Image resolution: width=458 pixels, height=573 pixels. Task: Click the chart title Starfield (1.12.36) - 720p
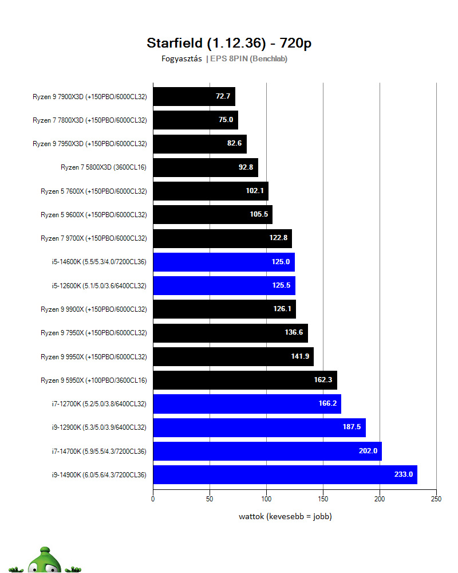point(229,43)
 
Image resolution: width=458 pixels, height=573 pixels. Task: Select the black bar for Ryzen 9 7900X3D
point(194,96)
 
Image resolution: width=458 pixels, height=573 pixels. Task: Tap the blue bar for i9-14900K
point(285,474)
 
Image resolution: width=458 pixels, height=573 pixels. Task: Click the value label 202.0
point(368,451)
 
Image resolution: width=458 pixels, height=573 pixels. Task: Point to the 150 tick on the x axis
point(323,499)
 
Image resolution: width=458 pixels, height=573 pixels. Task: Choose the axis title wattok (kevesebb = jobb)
point(285,516)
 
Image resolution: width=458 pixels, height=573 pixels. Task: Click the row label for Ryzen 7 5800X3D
point(104,167)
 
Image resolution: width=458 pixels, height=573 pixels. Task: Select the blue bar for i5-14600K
point(223,262)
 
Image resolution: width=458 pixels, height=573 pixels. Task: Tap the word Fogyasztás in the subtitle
point(181,58)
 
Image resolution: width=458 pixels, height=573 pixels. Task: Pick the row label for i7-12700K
point(98,404)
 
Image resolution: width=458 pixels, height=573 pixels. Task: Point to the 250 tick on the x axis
point(436,499)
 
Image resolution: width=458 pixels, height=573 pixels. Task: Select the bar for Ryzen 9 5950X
point(244,380)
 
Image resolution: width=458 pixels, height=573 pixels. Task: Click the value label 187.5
point(352,427)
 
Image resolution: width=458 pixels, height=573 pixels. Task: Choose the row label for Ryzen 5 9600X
point(93,215)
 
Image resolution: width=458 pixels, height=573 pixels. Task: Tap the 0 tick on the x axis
point(153,499)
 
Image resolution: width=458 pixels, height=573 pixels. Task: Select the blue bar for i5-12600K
point(224,285)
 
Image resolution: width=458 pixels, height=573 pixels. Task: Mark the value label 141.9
point(300,356)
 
